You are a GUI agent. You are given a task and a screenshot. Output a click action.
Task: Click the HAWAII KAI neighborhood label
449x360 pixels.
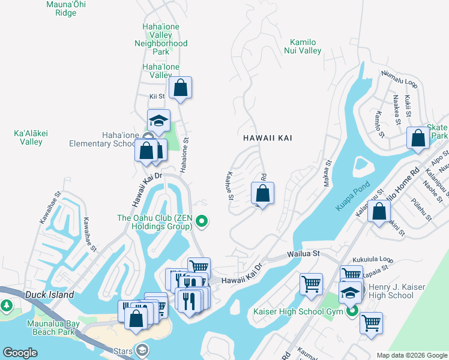tap(268, 138)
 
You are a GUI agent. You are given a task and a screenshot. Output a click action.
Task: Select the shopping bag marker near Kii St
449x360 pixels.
tap(180, 89)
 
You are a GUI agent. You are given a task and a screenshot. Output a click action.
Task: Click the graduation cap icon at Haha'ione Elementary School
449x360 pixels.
tap(159, 121)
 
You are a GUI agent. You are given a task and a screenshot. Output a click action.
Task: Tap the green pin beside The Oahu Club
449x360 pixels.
tap(202, 222)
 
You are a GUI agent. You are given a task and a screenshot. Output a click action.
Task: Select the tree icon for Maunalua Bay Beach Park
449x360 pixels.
tap(7, 307)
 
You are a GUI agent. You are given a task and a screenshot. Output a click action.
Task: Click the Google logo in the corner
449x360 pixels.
tap(20, 353)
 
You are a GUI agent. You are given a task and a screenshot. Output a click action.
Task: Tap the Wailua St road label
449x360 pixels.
tap(303, 254)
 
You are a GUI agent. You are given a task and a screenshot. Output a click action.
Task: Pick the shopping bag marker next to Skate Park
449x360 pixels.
tap(418, 138)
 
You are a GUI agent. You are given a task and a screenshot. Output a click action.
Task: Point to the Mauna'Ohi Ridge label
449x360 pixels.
tap(61, 8)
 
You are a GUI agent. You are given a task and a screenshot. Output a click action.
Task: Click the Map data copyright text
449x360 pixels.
tap(412, 355)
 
